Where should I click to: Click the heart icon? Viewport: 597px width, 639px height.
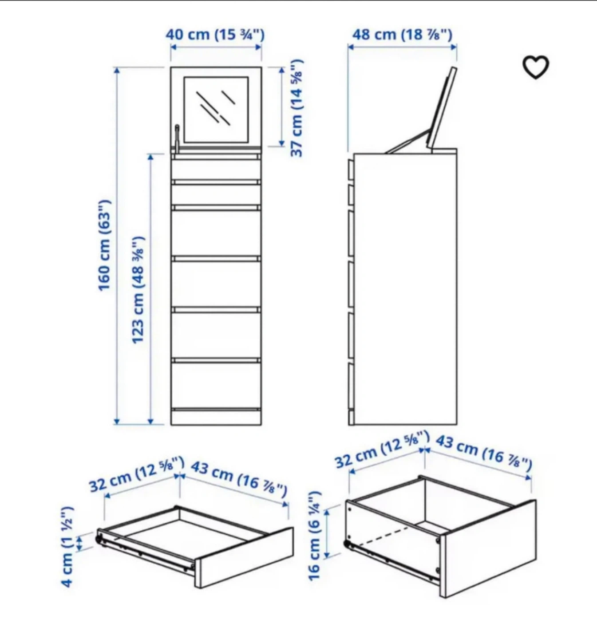pyautogui.click(x=536, y=67)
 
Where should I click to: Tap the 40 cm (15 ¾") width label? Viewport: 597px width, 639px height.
pyautogui.click(x=215, y=35)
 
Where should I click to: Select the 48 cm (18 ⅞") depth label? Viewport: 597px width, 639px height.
pyautogui.click(x=402, y=35)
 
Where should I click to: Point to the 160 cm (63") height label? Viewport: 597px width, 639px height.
pyautogui.click(x=105, y=245)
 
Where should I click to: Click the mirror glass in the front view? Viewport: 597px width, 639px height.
pyautogui.click(x=216, y=110)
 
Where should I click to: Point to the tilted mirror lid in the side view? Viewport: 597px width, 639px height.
pyautogui.click(x=442, y=108)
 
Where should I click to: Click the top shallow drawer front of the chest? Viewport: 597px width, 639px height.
pyautogui.click(x=216, y=169)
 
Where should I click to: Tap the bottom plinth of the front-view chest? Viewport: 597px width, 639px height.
pyautogui.click(x=216, y=418)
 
